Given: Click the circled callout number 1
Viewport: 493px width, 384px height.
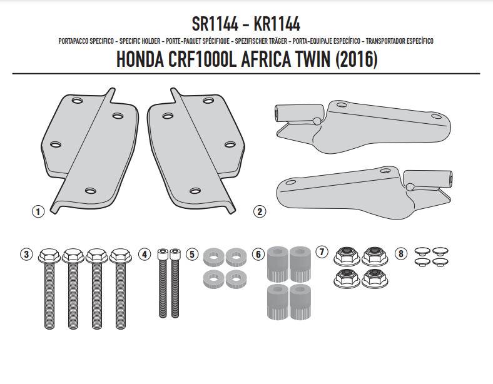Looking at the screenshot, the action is (38, 211).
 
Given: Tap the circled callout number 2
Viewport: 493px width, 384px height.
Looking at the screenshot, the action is (260, 211).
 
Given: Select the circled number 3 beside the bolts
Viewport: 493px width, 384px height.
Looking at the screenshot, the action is (26, 254).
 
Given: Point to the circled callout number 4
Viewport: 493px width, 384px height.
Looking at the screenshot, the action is (145, 254).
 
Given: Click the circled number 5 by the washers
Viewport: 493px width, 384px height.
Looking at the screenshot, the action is (192, 254).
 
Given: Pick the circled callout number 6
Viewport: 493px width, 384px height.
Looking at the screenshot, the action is (258, 254).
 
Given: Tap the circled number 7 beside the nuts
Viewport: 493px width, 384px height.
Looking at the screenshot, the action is (322, 251).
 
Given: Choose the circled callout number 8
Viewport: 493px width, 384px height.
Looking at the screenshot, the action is (401, 253).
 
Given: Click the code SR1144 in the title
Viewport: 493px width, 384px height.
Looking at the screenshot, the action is (215, 24).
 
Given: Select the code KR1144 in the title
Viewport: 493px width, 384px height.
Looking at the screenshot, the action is (277, 24).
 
